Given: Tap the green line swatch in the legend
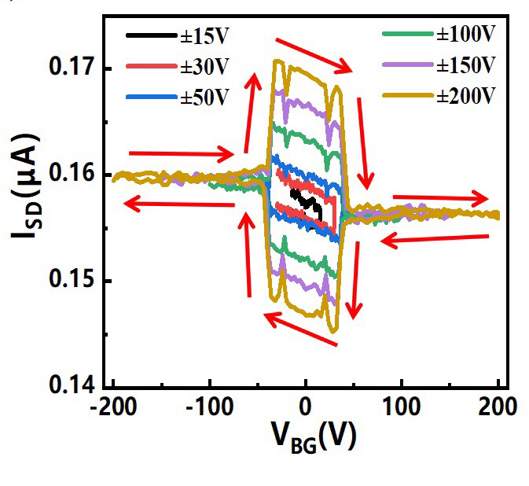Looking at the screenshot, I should click(x=408, y=35).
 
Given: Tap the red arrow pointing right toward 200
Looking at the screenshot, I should click(x=440, y=198).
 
